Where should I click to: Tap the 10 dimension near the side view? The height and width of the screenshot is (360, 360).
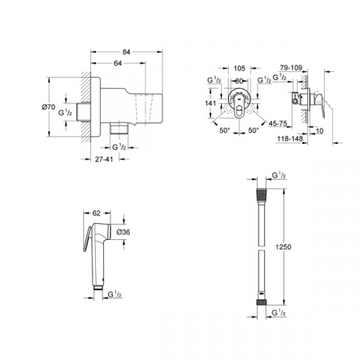318,130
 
